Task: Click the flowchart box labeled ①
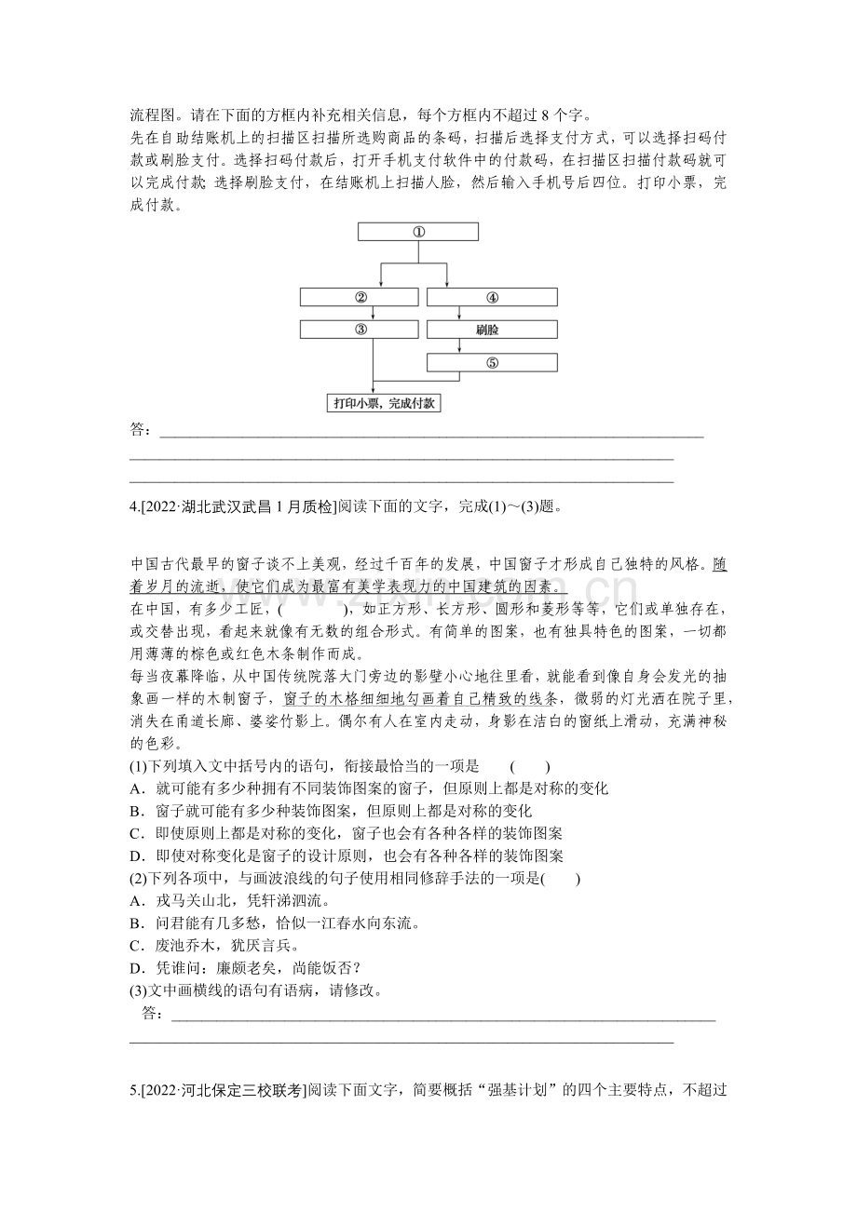tap(418, 232)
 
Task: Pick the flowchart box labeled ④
tap(492, 298)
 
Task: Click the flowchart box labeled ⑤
tap(492, 363)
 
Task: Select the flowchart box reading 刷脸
tap(492, 330)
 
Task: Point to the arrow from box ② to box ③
tap(374, 314)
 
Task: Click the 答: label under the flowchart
tap(140, 429)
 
